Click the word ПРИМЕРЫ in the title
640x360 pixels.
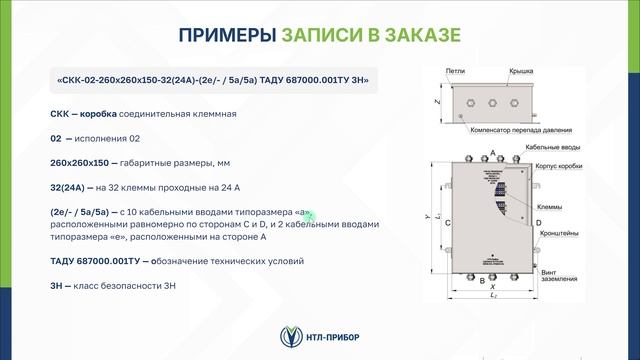227,36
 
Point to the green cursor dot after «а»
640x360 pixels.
309,214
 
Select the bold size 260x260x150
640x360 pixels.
86,161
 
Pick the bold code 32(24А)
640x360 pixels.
70,186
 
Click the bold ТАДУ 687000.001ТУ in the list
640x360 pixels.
95,261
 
